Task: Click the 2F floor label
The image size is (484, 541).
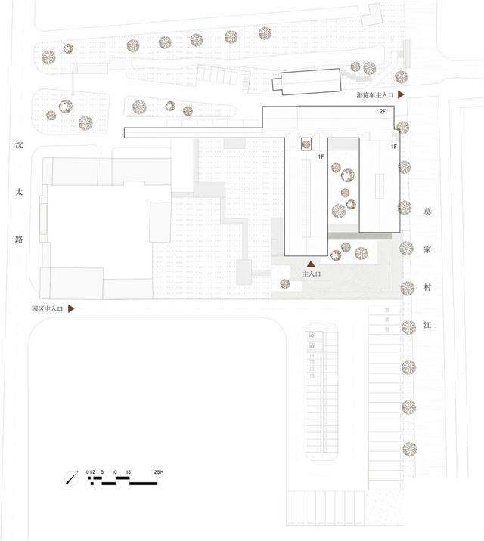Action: click(x=383, y=111)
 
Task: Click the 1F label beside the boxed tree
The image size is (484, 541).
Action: click(x=321, y=156)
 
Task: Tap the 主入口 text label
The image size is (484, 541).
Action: click(x=312, y=274)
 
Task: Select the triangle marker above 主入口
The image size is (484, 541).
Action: click(x=311, y=264)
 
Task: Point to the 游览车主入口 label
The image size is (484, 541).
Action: click(x=375, y=95)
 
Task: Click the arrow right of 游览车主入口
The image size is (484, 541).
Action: click(x=401, y=94)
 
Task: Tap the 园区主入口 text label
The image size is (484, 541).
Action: click(x=48, y=309)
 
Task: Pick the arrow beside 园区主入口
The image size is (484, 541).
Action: click(x=71, y=308)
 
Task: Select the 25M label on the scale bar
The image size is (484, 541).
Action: click(x=159, y=472)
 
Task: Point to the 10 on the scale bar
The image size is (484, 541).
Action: click(x=115, y=472)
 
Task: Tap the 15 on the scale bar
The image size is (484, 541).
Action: click(x=129, y=472)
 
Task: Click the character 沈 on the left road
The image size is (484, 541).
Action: click(x=19, y=145)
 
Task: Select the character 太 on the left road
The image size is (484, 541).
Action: click(x=19, y=192)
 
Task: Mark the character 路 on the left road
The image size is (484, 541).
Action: click(x=19, y=239)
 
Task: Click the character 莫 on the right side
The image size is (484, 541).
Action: click(x=427, y=212)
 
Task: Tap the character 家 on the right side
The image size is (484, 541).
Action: click(x=427, y=249)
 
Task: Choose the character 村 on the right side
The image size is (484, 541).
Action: click(x=427, y=287)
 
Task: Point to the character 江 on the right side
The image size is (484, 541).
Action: click(x=427, y=325)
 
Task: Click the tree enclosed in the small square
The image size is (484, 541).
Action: click(x=306, y=144)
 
